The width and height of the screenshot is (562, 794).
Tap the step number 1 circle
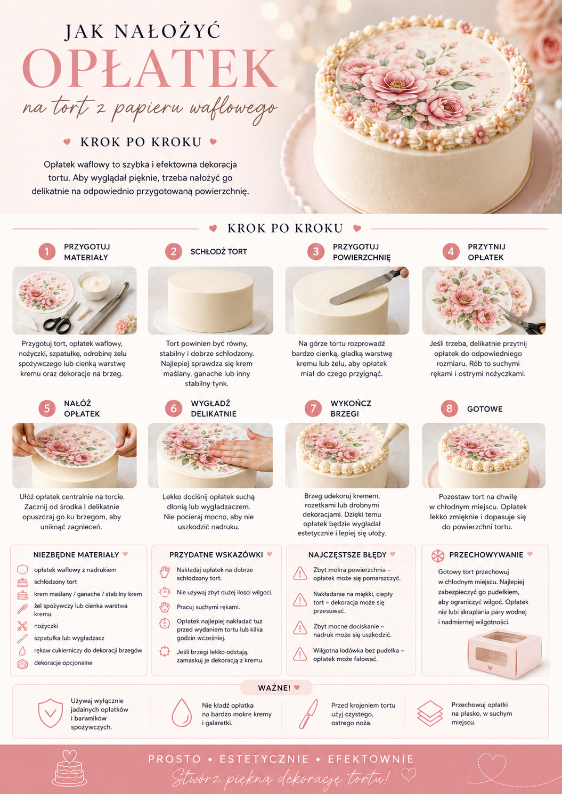[x=47, y=252]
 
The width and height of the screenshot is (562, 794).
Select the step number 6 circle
[x=173, y=408]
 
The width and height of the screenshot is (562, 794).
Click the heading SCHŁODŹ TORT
[x=219, y=252]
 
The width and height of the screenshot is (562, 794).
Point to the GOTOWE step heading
[x=485, y=408]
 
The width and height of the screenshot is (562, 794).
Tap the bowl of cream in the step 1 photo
[x=94, y=285]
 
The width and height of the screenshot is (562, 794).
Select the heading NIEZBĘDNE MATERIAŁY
[x=76, y=555]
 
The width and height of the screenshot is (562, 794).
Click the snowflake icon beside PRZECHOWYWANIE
[x=437, y=555]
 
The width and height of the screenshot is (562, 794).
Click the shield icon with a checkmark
[x=51, y=713]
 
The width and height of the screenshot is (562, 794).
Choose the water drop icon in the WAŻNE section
[x=182, y=713]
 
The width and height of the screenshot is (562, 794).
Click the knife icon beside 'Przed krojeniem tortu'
[x=308, y=714]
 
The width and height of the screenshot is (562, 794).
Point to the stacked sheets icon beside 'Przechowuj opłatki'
[x=430, y=713]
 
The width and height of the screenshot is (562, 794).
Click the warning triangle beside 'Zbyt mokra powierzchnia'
[x=300, y=573]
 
